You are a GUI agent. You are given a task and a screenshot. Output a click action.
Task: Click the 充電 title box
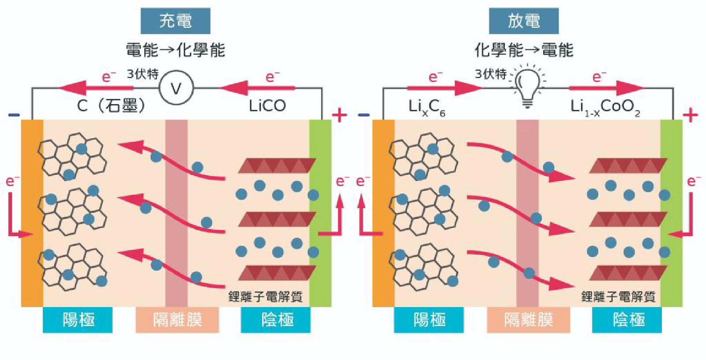click(x=175, y=21)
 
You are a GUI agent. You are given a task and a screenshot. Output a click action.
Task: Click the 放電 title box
click(x=523, y=21)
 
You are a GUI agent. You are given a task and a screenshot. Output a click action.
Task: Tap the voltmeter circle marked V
click(x=176, y=88)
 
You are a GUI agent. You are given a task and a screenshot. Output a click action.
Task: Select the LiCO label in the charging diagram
click(x=267, y=106)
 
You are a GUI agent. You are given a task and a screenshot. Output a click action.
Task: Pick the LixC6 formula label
click(x=427, y=107)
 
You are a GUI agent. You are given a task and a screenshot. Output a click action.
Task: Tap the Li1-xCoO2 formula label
click(x=605, y=107)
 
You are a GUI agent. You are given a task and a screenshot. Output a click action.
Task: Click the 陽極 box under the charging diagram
click(x=78, y=319)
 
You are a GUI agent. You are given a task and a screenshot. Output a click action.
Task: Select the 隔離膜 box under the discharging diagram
click(x=528, y=319)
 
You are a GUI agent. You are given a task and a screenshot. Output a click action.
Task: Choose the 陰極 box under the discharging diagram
click(x=627, y=319)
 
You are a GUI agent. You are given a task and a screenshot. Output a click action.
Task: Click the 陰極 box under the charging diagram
click(x=276, y=319)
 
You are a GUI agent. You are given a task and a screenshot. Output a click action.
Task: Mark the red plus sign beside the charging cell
click(x=339, y=115)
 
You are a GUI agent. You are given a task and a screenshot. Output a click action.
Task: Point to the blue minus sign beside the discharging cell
click(x=364, y=115)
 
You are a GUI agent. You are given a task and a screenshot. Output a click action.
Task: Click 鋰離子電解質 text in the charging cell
click(x=265, y=296)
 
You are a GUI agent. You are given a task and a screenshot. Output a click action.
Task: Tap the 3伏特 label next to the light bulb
click(x=490, y=74)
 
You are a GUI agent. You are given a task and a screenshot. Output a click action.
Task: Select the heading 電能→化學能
click(x=175, y=50)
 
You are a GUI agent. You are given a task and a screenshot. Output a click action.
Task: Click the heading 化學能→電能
click(x=523, y=50)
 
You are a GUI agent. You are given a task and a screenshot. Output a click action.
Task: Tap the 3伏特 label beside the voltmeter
click(x=142, y=74)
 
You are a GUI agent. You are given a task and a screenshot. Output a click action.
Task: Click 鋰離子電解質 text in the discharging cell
click(x=618, y=296)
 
